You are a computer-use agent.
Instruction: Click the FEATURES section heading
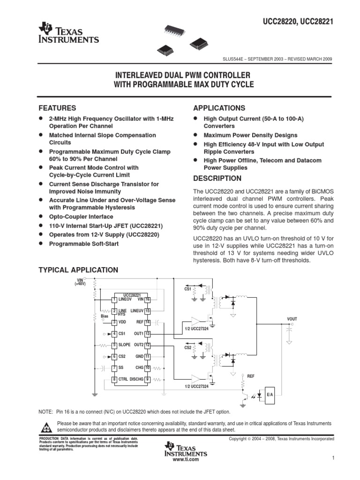click(x=57, y=108)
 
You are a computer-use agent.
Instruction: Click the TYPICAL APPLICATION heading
click(x=78, y=270)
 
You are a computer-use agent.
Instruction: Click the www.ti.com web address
click(x=186, y=459)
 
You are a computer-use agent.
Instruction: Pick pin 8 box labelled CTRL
click(x=114, y=379)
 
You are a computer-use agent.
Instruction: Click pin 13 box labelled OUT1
click(x=147, y=333)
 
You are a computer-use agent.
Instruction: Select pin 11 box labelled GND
click(x=147, y=356)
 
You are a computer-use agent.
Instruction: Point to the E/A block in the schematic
click(x=270, y=395)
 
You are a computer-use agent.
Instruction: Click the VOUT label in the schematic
click(x=292, y=319)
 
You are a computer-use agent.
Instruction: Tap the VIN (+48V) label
click(x=80, y=282)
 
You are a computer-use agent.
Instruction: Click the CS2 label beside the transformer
click(x=187, y=347)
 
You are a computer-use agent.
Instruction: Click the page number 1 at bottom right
click(x=332, y=457)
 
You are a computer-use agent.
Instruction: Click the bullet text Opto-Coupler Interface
click(x=81, y=217)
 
